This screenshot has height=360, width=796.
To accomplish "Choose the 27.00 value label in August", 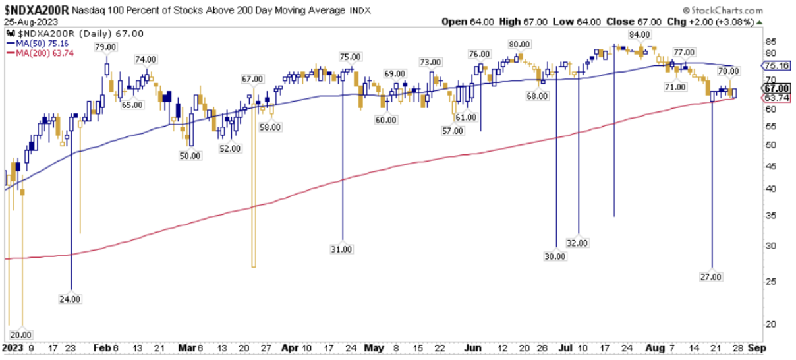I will coord(713,277).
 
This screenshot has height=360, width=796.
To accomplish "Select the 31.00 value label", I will coord(342,249).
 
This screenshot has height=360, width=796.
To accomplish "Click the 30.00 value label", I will coord(556,256).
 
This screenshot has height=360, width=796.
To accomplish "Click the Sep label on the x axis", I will coord(756,347).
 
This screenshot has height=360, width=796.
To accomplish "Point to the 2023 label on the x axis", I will coord(13,347).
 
